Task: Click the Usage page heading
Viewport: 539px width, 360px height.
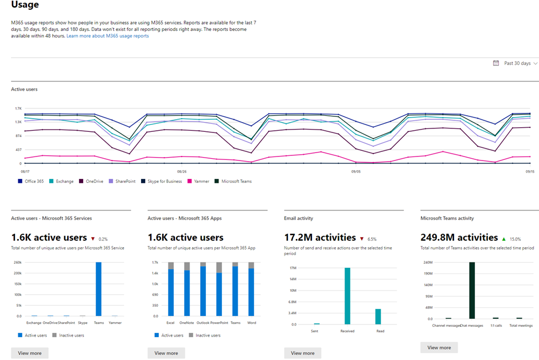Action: [x=25, y=5]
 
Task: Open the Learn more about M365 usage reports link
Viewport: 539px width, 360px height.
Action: [x=107, y=36]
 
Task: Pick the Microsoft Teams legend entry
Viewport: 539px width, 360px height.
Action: [x=233, y=181]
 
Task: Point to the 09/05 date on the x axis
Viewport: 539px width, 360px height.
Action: [x=356, y=171]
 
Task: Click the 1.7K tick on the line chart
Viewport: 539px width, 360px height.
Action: [x=18, y=108]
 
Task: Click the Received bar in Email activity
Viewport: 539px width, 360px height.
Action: [x=347, y=296]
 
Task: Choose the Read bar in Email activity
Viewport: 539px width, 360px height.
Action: [x=377, y=316]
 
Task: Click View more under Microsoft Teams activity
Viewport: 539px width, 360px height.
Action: [x=439, y=347]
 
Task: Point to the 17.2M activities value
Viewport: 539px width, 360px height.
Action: [x=319, y=237]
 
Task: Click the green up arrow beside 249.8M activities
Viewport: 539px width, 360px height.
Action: [x=503, y=238]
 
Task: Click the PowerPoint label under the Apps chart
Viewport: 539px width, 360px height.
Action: [x=219, y=323]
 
